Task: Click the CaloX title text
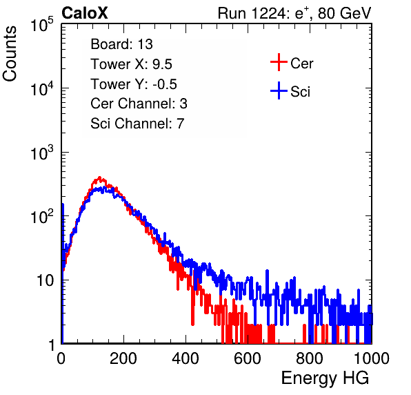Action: tap(85, 13)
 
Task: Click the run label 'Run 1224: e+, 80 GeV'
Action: tap(294, 13)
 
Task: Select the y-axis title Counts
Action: tap(10, 54)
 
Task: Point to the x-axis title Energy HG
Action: tap(325, 378)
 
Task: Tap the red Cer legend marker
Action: tap(279, 62)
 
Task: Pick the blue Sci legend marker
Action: tap(279, 90)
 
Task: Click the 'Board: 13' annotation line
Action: tap(121, 44)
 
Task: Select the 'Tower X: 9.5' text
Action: tap(131, 64)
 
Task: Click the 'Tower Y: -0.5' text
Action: tap(134, 84)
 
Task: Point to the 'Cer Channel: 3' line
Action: tap(139, 104)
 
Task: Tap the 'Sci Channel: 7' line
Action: tap(137, 124)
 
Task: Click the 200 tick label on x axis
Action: tap(123, 358)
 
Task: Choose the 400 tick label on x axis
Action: tap(186, 358)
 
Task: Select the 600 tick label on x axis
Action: tap(248, 358)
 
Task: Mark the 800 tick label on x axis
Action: tap(310, 358)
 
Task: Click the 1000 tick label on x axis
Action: tap(372, 358)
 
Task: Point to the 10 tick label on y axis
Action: tap(46, 280)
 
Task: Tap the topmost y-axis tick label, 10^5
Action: tap(42, 24)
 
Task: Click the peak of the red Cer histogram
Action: tap(99, 177)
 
